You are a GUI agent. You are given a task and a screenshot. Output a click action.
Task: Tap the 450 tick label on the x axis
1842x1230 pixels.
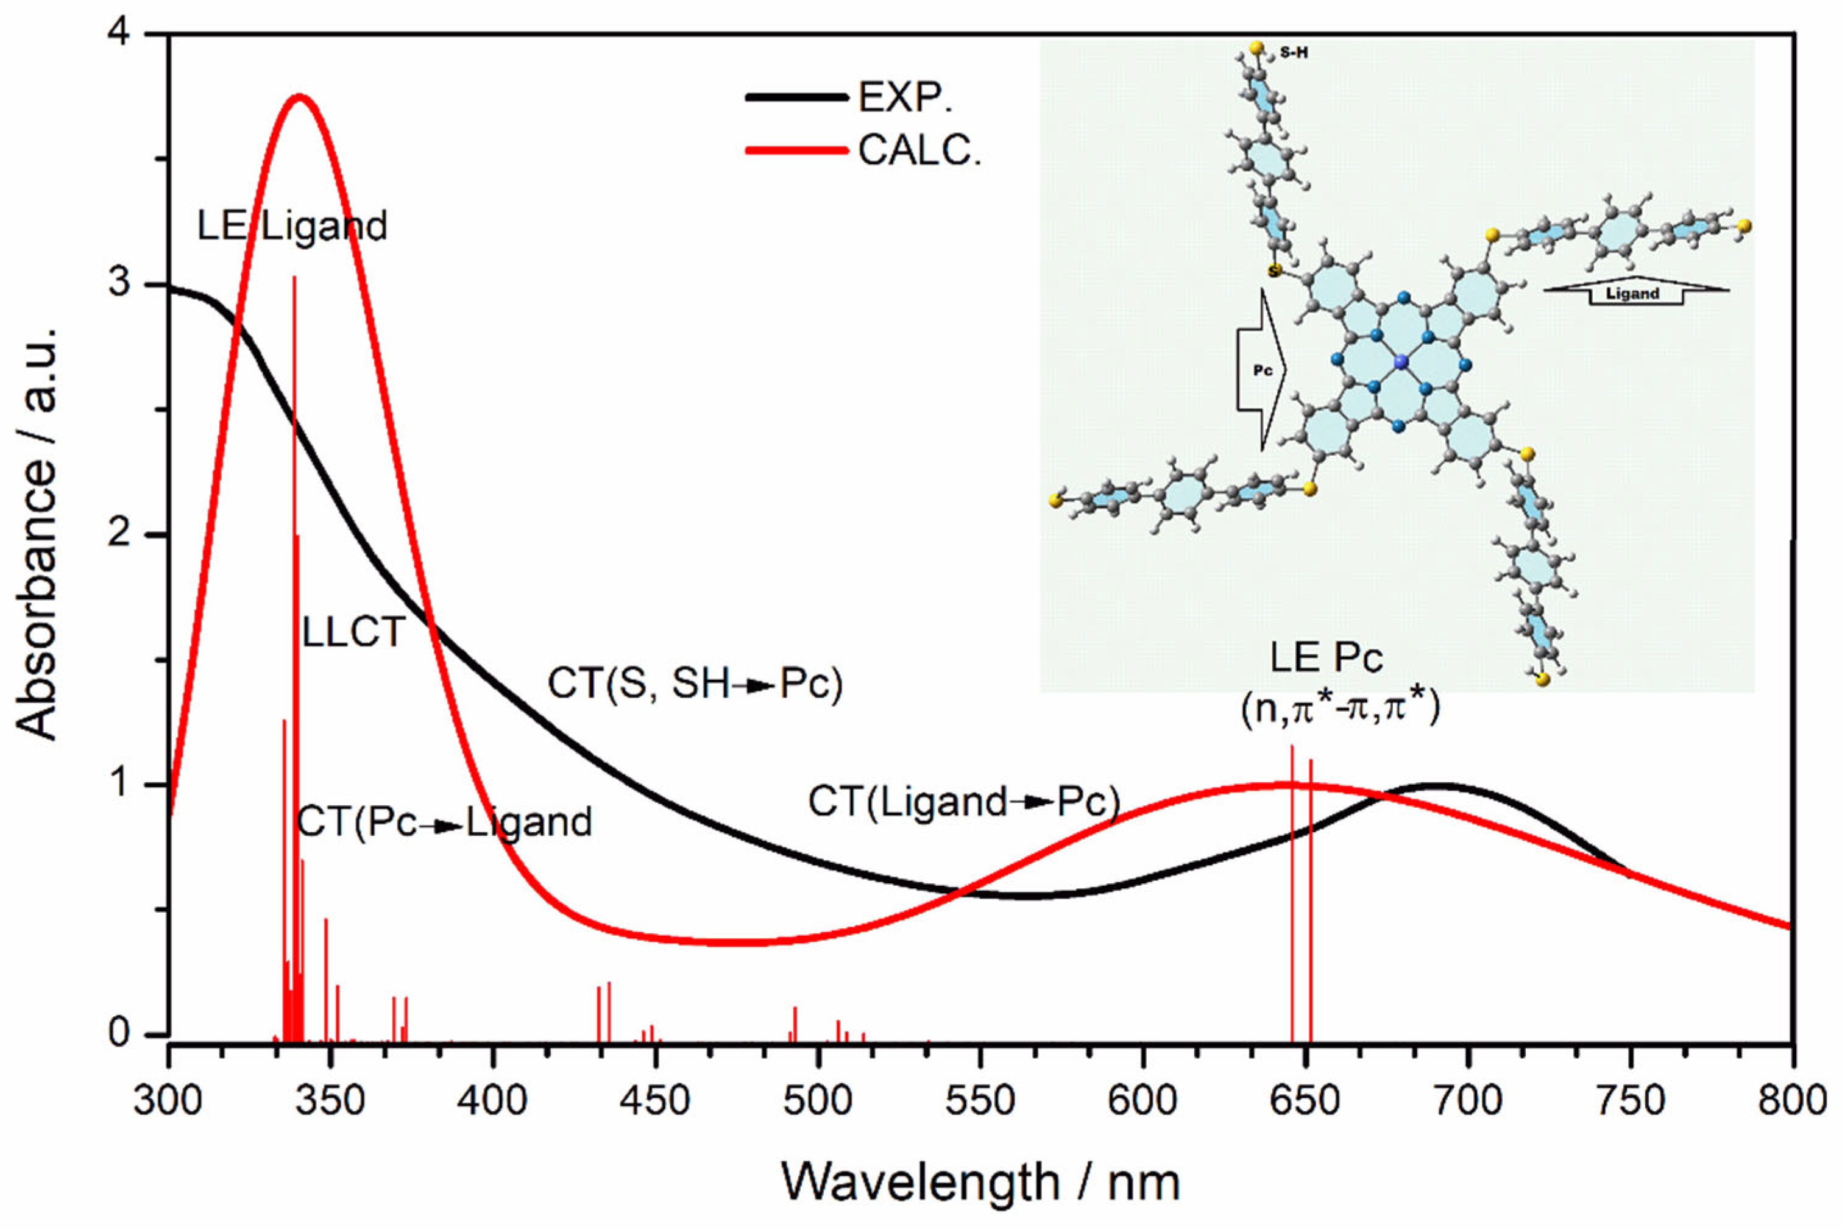(655, 1101)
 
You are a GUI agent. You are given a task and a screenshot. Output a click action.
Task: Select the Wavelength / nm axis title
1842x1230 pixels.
(980, 1182)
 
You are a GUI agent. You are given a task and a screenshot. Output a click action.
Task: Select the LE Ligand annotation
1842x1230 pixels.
(292, 227)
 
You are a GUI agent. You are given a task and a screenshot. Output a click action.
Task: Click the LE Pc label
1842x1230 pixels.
(1327, 657)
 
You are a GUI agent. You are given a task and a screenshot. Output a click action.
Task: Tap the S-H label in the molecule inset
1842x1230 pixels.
(1294, 54)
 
